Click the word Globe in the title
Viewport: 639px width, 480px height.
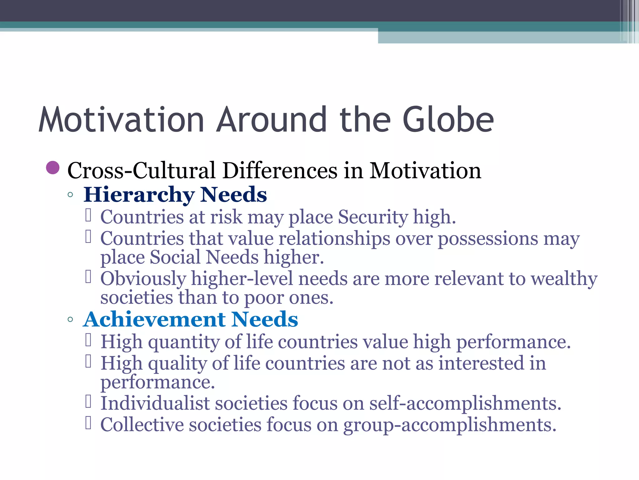pyautogui.click(x=448, y=120)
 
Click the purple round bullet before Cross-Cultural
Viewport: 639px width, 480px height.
pyautogui.click(x=53, y=168)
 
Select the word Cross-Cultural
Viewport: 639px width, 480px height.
pyautogui.click(x=141, y=171)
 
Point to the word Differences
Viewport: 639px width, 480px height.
pyautogui.click(x=280, y=171)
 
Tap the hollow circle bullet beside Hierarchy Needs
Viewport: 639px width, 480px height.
pyautogui.click(x=70, y=195)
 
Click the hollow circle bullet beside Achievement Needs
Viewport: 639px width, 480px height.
pyautogui.click(x=70, y=319)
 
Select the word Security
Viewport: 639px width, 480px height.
pyautogui.click(x=373, y=217)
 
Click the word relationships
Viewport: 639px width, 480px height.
pyautogui.click(x=334, y=239)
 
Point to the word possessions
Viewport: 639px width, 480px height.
pyautogui.click(x=488, y=239)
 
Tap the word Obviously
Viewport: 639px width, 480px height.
pyautogui.click(x=143, y=279)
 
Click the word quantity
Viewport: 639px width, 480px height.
pyautogui.click(x=184, y=342)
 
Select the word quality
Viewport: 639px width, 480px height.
pyautogui.click(x=177, y=363)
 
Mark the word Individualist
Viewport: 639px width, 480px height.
pyautogui.click(x=155, y=403)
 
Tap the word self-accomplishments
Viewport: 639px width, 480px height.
pyautogui.click(x=465, y=403)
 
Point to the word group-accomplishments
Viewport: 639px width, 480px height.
pyautogui.click(x=450, y=425)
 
